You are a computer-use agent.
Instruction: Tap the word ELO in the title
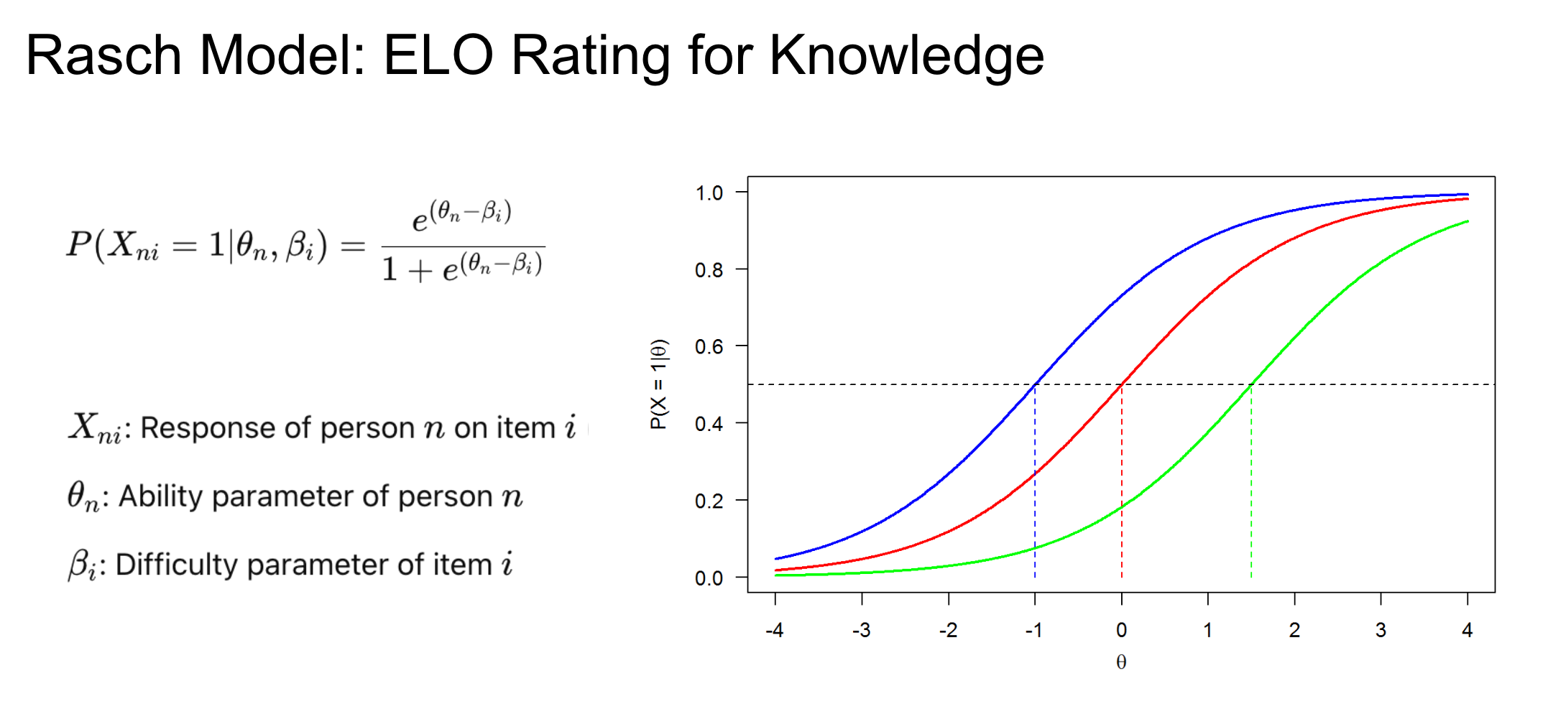(x=438, y=55)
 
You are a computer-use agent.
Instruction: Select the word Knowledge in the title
(x=906, y=55)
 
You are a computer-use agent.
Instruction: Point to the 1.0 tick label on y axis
(x=709, y=193)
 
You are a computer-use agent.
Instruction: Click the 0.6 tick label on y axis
(x=709, y=346)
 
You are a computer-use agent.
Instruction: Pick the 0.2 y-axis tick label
(x=709, y=500)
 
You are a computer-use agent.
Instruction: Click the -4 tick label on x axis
(x=774, y=630)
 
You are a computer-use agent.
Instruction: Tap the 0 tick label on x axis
(x=1121, y=630)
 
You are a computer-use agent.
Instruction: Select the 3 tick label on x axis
(x=1381, y=630)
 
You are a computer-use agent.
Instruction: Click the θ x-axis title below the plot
(x=1121, y=662)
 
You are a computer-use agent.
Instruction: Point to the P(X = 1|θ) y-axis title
(x=659, y=384)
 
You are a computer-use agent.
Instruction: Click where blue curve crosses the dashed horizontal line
(x=1035, y=384)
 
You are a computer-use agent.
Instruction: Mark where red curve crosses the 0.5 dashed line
(x=1122, y=384)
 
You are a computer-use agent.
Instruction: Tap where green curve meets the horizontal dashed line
(x=1251, y=384)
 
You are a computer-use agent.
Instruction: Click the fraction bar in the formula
(x=463, y=247)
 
